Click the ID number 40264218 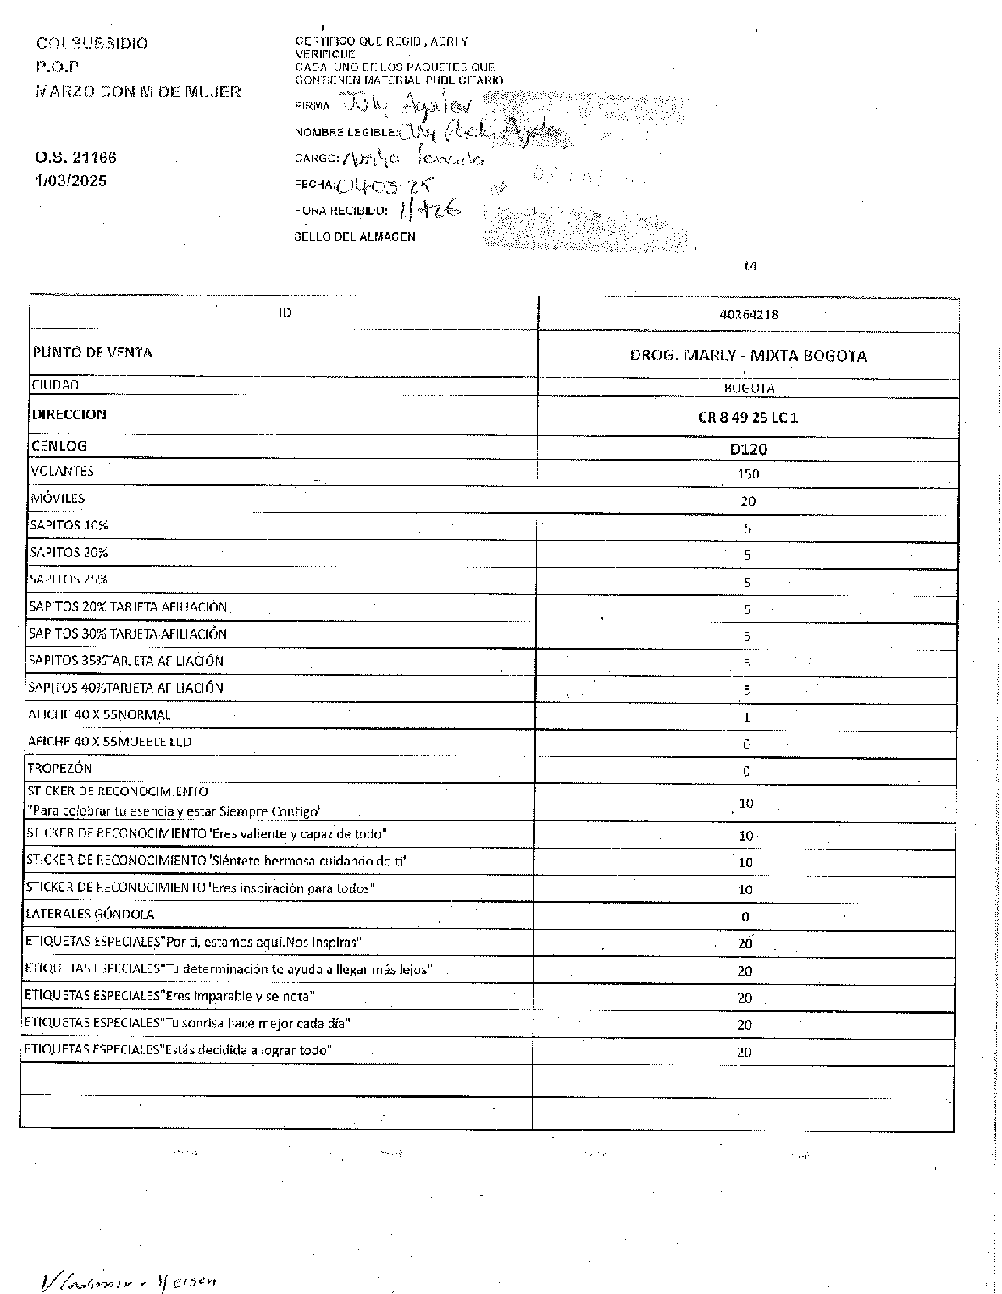click(x=748, y=314)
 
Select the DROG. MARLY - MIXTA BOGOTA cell click(x=748, y=356)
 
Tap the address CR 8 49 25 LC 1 click(x=748, y=418)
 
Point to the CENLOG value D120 click(x=748, y=449)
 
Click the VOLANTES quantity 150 click(x=748, y=474)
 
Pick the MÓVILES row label click(x=58, y=498)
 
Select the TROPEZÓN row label click(x=60, y=768)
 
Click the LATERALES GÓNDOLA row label click(x=91, y=914)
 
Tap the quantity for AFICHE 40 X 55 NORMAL click(x=746, y=717)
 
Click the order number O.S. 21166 click(x=75, y=158)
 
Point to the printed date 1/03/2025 click(x=71, y=180)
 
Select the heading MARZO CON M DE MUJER click(x=138, y=91)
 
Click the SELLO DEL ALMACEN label click(x=354, y=236)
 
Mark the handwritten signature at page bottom click(x=127, y=1280)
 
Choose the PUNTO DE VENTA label click(x=92, y=352)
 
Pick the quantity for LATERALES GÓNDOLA click(x=745, y=916)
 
